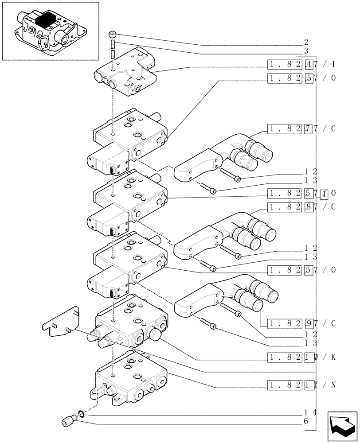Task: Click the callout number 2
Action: point(306,43)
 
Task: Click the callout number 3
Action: point(306,52)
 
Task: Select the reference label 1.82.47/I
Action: point(301,64)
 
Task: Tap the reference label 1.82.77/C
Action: point(301,129)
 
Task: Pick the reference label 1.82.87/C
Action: point(301,206)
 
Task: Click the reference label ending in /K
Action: point(301,357)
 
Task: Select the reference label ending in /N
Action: point(301,384)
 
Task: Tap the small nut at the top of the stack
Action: point(113,35)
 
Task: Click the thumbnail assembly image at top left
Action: point(50,31)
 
